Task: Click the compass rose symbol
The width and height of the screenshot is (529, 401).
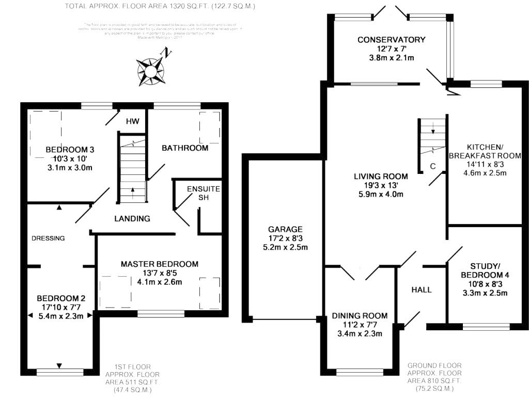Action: pyautogui.click(x=150, y=70)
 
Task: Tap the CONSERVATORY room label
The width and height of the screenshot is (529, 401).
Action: pyautogui.click(x=391, y=40)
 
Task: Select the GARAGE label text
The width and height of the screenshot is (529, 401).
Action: pyautogui.click(x=285, y=229)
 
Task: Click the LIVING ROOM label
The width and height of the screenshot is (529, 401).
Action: pyautogui.click(x=381, y=177)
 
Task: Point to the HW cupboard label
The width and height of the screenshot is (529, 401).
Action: pyautogui.click(x=133, y=121)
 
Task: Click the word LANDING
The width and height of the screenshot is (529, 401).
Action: pyautogui.click(x=132, y=219)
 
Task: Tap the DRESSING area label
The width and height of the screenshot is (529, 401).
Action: pyautogui.click(x=48, y=238)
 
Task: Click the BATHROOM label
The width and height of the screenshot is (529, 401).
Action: pyautogui.click(x=185, y=148)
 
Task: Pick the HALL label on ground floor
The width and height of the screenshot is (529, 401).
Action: pyautogui.click(x=422, y=290)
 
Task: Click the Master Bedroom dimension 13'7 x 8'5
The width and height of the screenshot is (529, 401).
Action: pyautogui.click(x=159, y=273)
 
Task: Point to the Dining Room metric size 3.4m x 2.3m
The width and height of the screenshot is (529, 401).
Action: pyautogui.click(x=360, y=334)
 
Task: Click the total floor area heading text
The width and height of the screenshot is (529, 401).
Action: pyautogui.click(x=160, y=7)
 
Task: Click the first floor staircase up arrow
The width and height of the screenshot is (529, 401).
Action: pyautogui.click(x=133, y=190)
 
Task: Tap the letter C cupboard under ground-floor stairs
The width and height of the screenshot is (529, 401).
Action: pyautogui.click(x=433, y=166)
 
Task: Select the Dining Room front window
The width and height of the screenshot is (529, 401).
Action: pyautogui.click(x=360, y=371)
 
